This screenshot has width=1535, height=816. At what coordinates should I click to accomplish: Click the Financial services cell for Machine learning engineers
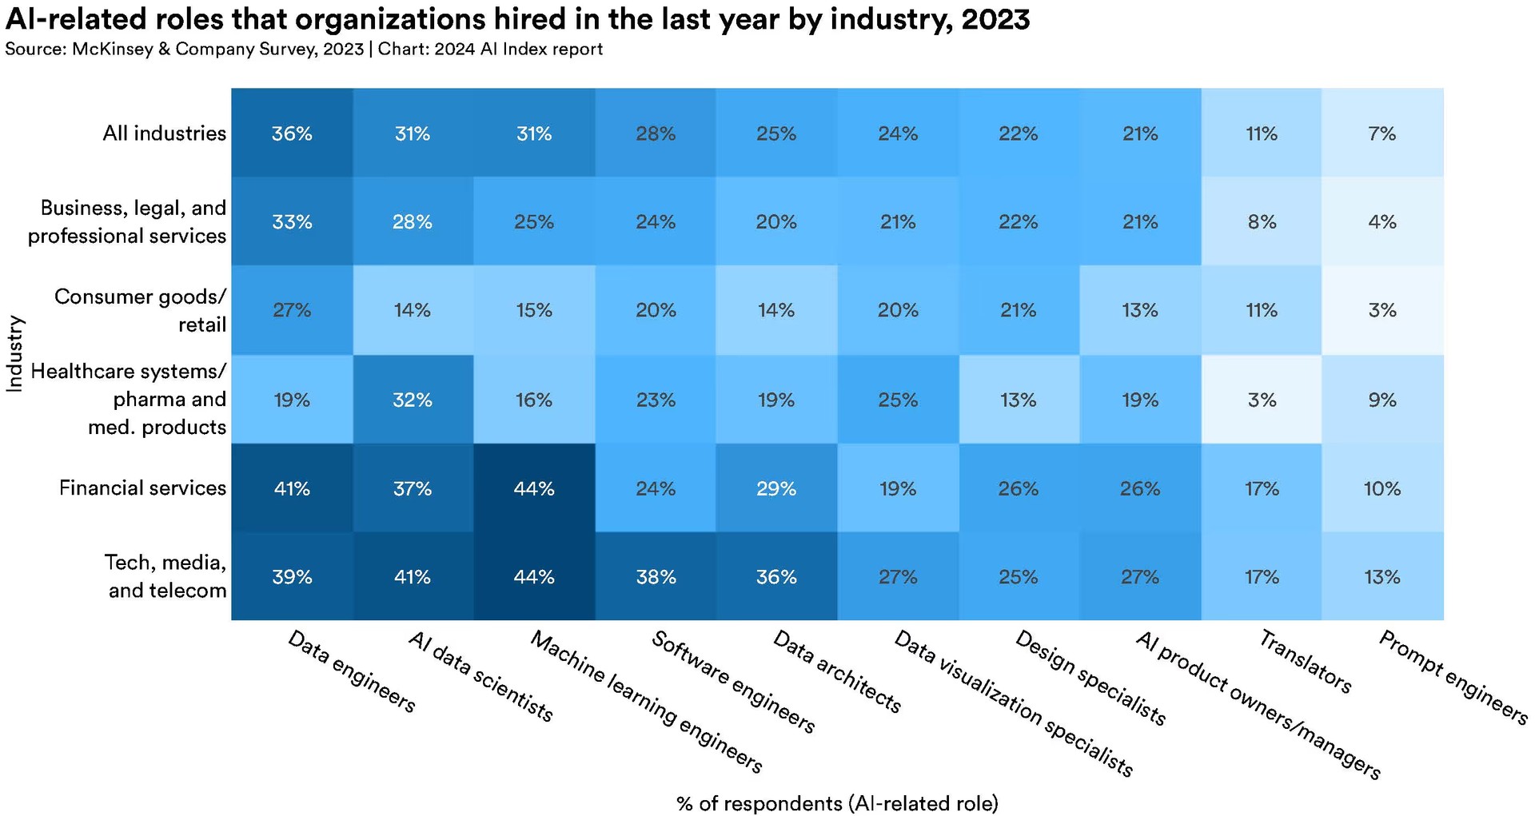[x=534, y=488]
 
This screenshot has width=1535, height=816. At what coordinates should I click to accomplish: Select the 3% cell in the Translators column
[x=1262, y=399]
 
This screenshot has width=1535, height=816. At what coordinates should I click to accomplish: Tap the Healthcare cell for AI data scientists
[x=413, y=399]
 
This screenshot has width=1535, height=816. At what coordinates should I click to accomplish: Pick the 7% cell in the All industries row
[x=1382, y=133]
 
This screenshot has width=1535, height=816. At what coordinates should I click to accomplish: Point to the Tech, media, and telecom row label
[x=166, y=576]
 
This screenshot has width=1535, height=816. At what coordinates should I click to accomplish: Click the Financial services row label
[x=142, y=488]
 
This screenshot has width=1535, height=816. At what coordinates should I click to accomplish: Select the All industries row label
[x=164, y=133]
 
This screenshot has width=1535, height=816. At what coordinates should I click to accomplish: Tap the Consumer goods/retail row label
[x=140, y=310]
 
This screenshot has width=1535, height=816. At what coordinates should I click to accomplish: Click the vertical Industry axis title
[x=14, y=354]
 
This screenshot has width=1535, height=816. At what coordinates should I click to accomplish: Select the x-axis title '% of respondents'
[x=837, y=802]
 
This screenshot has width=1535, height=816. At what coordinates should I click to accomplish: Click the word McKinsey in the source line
[x=113, y=49]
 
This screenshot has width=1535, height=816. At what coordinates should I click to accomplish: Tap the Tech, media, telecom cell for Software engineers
[x=656, y=576]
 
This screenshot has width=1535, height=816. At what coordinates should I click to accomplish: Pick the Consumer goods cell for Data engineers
[x=292, y=310]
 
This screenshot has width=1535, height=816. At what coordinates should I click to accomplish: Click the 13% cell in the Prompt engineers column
[x=1382, y=576]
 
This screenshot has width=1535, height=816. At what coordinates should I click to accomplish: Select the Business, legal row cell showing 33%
[x=292, y=221]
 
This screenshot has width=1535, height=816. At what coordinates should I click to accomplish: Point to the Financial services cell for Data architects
[x=776, y=488]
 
